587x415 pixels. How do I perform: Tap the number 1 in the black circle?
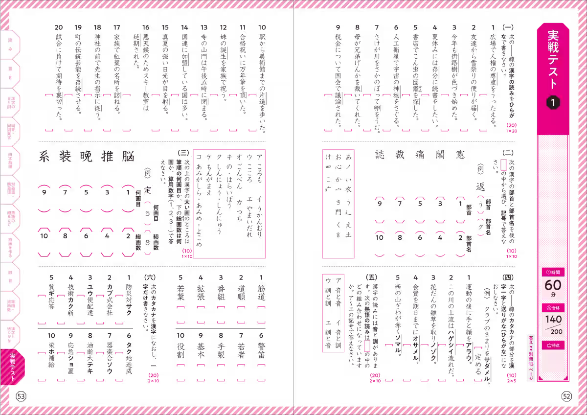click(x=553, y=103)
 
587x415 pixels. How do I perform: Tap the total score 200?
click(x=556, y=331)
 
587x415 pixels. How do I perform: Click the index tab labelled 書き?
click(x=10, y=73)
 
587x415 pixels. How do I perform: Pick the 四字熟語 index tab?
click(x=10, y=161)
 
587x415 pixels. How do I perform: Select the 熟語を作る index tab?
click(x=10, y=249)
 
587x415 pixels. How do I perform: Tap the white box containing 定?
click(x=148, y=190)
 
